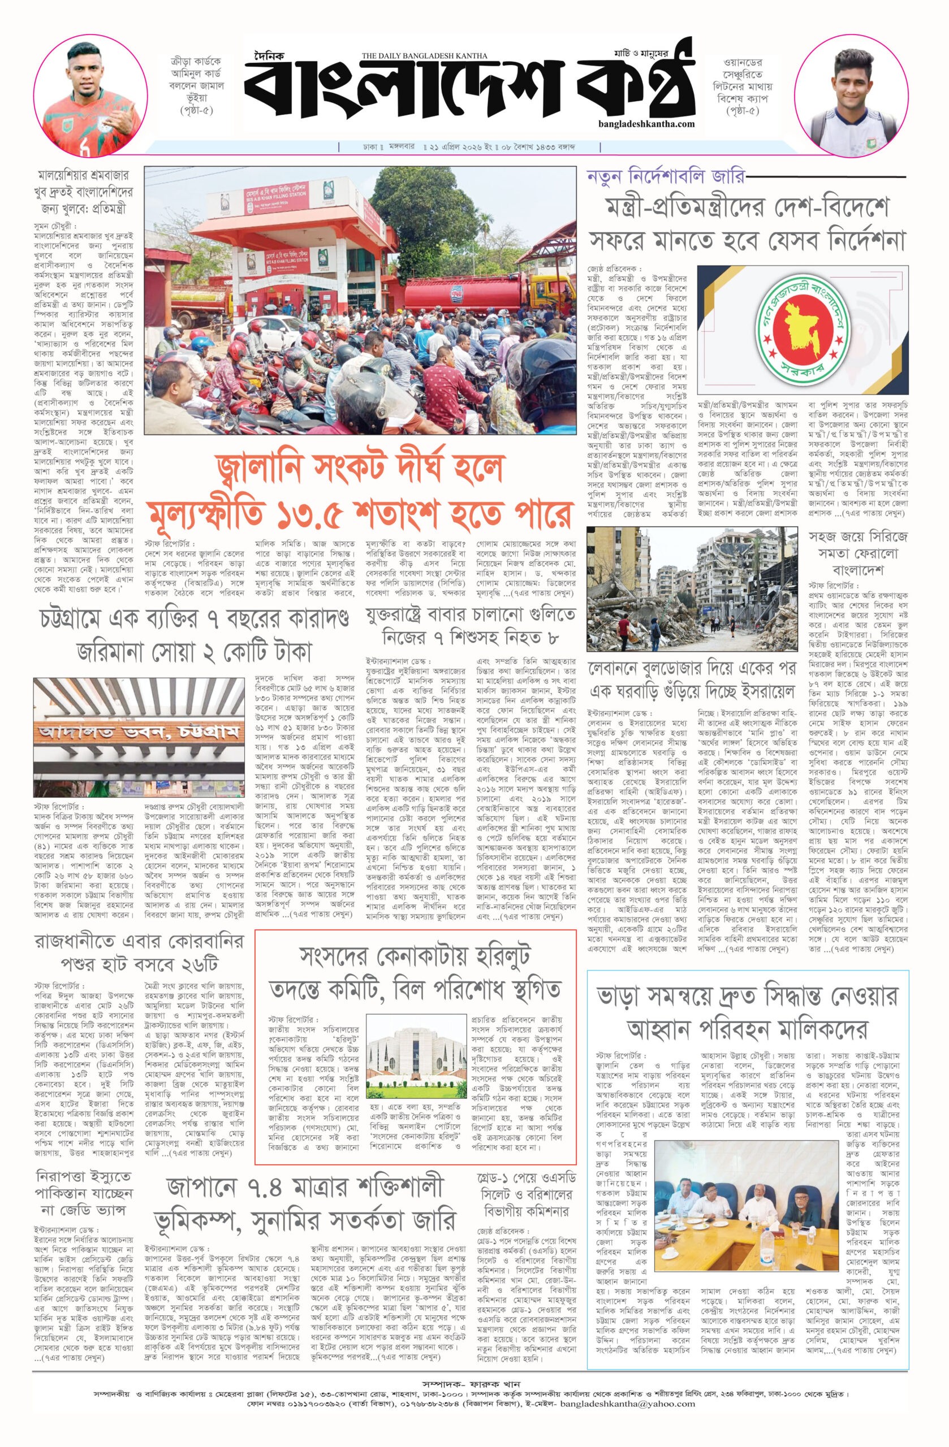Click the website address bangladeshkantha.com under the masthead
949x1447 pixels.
tap(646, 123)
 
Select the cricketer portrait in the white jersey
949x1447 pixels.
tap(846, 98)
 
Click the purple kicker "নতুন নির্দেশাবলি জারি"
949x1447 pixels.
tap(665, 176)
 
